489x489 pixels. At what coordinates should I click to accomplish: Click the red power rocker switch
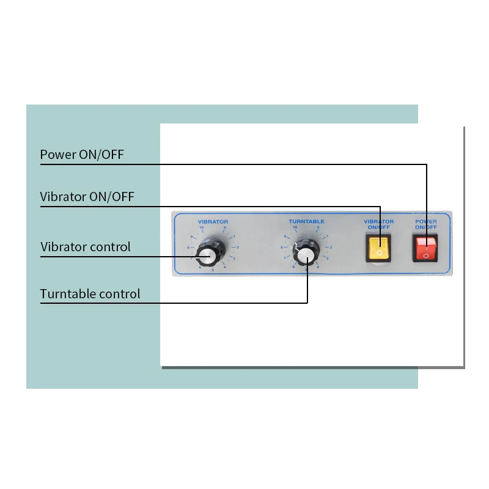pos(426,248)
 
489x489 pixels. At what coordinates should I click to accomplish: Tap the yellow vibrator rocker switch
pos(379,248)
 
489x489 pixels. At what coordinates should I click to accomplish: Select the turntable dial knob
pos(306,252)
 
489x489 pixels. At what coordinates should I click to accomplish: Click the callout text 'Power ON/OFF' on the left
pos(82,155)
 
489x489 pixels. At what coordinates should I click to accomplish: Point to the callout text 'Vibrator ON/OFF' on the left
pos(87,197)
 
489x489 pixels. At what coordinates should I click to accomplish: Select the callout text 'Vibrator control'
pos(86,247)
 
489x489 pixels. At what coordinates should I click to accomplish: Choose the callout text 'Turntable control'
pos(90,294)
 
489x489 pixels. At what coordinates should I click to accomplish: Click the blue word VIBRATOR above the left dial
pos(213,221)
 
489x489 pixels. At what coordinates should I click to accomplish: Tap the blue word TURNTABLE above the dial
pos(306,221)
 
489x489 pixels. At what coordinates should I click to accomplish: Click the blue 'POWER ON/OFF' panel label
pos(426,224)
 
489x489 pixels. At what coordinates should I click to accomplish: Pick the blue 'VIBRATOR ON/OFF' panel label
pos(379,224)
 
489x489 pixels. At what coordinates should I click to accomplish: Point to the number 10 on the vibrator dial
pos(201,228)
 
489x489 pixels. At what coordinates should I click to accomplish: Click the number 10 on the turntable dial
pos(295,228)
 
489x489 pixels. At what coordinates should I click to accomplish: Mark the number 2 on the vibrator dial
pos(237,247)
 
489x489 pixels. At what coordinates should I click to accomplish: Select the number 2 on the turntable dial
pos(331,247)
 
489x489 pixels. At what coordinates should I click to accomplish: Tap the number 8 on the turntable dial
pos(282,247)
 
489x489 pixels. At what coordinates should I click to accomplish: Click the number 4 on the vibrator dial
pos(225,267)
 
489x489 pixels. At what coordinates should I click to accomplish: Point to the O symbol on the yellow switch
pos(379,252)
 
